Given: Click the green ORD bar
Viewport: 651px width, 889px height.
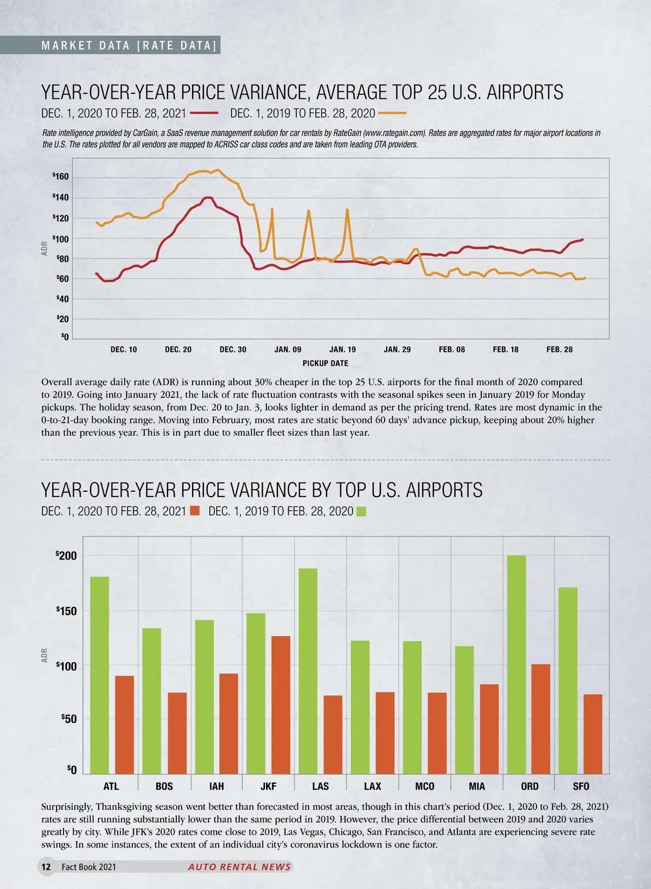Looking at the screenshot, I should (516, 664).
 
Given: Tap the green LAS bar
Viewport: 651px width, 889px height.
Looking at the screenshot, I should (308, 671).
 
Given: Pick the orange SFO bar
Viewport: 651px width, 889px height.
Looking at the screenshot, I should (593, 734).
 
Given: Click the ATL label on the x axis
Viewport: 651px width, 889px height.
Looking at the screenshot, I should (111, 786).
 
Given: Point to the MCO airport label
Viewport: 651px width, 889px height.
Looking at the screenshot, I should (424, 786).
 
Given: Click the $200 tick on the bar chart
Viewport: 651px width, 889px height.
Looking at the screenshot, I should (66, 556).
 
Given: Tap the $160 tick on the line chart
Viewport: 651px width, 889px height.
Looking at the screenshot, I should (61, 177).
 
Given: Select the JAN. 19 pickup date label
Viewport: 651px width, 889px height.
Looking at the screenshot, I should (342, 350).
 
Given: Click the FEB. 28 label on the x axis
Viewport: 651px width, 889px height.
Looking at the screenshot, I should (559, 350).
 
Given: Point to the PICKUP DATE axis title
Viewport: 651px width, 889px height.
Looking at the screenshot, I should (325, 363).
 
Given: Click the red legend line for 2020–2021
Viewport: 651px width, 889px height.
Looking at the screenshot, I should (204, 113).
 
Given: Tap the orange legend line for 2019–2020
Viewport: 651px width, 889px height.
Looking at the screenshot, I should (392, 113).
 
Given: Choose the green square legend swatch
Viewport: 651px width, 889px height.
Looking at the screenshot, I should (361, 511).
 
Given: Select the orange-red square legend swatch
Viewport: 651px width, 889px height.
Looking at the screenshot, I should (195, 511).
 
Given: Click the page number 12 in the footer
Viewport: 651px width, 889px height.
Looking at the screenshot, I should (46, 867).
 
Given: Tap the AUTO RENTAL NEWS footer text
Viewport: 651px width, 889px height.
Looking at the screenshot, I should (239, 867).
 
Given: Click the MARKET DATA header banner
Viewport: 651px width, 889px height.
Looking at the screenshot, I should (129, 46).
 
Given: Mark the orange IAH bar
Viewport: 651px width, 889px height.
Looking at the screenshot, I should (228, 723).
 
